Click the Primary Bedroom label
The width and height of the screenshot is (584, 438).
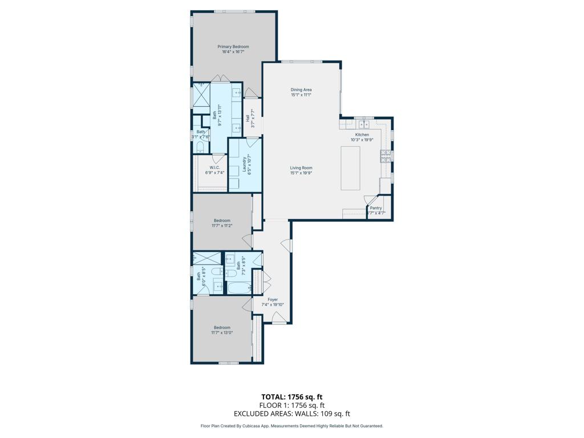(x=233, y=47)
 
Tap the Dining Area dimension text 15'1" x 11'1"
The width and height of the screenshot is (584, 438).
(x=301, y=95)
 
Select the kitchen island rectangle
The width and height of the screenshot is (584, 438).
(x=351, y=168)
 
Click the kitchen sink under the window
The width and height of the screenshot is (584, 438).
(x=363, y=124)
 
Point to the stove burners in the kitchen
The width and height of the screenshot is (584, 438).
(x=386, y=155)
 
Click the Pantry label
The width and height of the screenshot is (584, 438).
(x=376, y=208)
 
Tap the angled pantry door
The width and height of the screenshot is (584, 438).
(x=371, y=201)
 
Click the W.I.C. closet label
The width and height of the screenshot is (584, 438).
(x=214, y=167)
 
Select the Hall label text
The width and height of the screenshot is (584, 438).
(x=248, y=118)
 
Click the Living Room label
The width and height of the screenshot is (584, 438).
(x=301, y=168)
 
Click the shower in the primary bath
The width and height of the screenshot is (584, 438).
(x=201, y=94)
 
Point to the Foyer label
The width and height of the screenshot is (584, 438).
(x=273, y=299)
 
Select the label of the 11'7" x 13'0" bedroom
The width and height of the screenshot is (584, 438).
(x=222, y=327)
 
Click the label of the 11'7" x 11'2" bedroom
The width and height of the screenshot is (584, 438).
(x=222, y=221)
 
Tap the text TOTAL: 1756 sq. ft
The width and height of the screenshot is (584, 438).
(x=292, y=396)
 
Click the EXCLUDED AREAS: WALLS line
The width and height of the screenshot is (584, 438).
(x=292, y=414)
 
